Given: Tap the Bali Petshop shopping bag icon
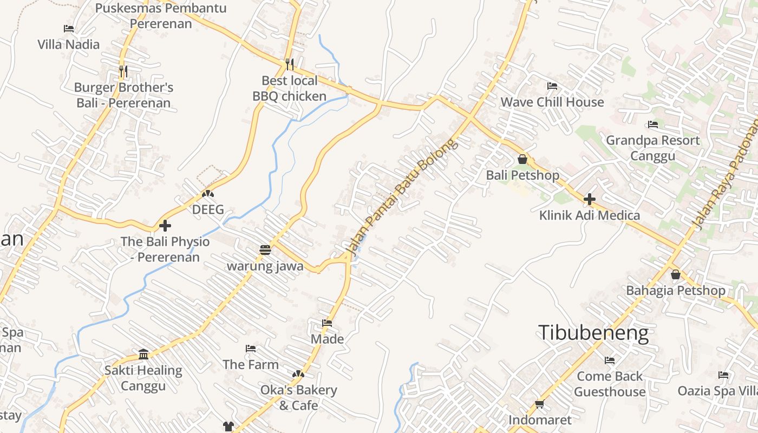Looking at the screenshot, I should pyautogui.click(x=522, y=159).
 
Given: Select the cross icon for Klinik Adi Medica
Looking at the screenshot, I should pyautogui.click(x=590, y=199).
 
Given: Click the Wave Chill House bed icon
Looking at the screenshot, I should pyautogui.click(x=552, y=86).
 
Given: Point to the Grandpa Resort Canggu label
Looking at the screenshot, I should pyautogui.click(x=652, y=148).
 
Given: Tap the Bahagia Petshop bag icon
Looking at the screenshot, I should pyautogui.click(x=676, y=274).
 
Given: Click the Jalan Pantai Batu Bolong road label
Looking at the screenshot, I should pyautogui.click(x=401, y=196).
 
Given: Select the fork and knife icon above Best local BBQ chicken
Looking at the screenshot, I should pyautogui.click(x=290, y=64).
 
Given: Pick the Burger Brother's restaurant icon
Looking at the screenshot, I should pyautogui.click(x=123, y=71).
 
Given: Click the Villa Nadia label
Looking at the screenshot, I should pyautogui.click(x=69, y=44).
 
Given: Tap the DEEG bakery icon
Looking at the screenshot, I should pyautogui.click(x=208, y=193).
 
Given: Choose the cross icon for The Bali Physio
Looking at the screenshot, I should pyautogui.click(x=165, y=225).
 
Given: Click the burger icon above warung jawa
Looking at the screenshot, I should pyautogui.click(x=265, y=250).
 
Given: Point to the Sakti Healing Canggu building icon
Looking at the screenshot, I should pyautogui.click(x=143, y=354).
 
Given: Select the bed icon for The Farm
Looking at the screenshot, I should pyautogui.click(x=251, y=348).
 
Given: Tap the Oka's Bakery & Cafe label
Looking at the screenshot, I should pyautogui.click(x=298, y=397).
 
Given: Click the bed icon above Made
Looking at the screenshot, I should pyautogui.click(x=327, y=323).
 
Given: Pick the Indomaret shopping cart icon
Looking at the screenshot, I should pyautogui.click(x=539, y=404).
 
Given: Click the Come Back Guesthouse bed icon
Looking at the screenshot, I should pyautogui.click(x=610, y=360).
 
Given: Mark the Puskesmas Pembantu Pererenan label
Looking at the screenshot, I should pyautogui.click(x=161, y=16).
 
